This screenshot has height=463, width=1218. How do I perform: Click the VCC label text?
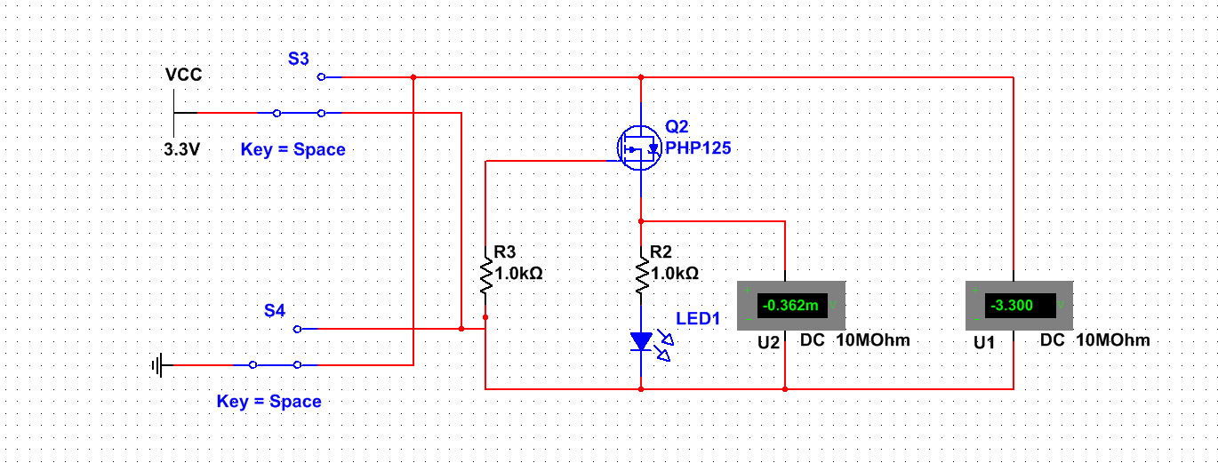click(x=183, y=75)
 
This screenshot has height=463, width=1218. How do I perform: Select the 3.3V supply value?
click(x=181, y=149)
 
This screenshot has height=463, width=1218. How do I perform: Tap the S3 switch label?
click(x=299, y=59)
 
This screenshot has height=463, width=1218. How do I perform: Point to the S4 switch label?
click(x=275, y=311)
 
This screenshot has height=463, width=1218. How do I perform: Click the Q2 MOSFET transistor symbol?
click(x=639, y=148)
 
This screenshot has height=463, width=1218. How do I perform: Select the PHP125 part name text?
click(x=698, y=148)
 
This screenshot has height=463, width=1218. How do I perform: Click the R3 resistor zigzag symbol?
click(x=485, y=276)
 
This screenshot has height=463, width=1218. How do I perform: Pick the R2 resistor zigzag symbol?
click(x=642, y=276)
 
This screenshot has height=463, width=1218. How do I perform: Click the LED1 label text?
click(x=698, y=318)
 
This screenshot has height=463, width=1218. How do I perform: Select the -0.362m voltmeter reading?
click(x=790, y=306)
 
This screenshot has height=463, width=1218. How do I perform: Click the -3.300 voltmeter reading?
click(x=1012, y=306)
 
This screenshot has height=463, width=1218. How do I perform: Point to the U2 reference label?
click(x=768, y=343)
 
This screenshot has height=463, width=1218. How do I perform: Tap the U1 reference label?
click(x=984, y=343)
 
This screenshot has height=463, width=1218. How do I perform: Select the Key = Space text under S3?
click(x=293, y=149)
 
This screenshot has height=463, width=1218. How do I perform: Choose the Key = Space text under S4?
click(x=269, y=402)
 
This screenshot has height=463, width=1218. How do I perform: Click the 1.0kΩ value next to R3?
click(x=518, y=274)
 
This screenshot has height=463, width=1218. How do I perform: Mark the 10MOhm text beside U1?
click(x=1113, y=340)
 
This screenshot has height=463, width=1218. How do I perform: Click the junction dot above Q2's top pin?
click(x=641, y=77)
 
